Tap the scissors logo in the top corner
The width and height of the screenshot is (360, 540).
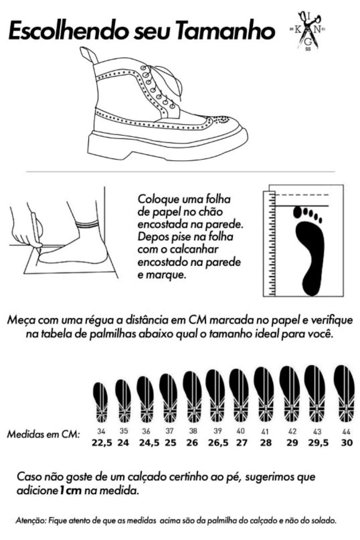click(308, 31)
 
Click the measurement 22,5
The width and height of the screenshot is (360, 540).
click(102, 443)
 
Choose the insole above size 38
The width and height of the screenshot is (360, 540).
click(192, 397)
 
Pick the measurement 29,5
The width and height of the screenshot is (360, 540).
click(318, 443)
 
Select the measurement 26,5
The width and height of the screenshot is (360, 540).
click(218, 443)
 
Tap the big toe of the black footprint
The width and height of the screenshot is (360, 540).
click(297, 212)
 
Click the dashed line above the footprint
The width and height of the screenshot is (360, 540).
click(302, 195)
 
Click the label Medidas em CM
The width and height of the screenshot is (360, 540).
click(43, 434)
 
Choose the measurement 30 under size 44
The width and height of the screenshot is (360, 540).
click(347, 443)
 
